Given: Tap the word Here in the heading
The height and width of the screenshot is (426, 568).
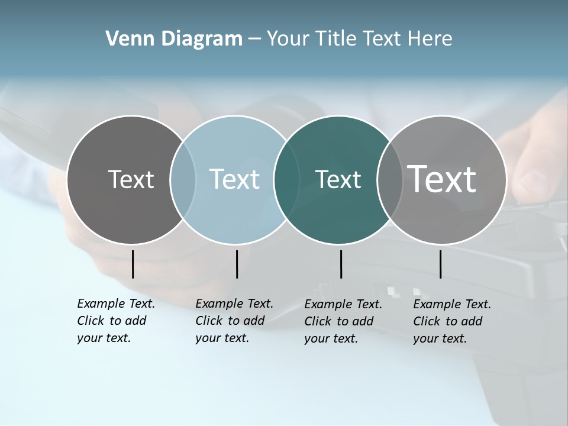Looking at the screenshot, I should click(430, 39).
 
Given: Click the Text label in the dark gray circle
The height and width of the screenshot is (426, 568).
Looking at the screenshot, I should click(131, 179).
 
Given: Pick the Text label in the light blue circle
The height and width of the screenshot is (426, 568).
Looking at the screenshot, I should click(234, 179).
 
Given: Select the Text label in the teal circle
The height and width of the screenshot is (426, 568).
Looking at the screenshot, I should click(338, 179).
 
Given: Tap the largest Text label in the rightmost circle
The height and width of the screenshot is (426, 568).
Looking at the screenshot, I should click(442, 179).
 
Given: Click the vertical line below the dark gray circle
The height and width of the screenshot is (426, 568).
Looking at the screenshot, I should click(133, 264).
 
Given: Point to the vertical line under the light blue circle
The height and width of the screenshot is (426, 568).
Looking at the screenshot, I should click(237, 264).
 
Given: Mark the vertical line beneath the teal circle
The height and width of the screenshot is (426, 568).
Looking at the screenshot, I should click(341, 264).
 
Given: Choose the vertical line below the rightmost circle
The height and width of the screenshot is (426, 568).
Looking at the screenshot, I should click(440, 264).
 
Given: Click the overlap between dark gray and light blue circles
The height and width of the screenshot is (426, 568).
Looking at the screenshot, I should click(183, 180).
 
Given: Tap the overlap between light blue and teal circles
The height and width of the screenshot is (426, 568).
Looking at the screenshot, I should click(286, 180).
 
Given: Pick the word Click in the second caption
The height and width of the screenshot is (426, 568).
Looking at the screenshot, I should click(209, 321).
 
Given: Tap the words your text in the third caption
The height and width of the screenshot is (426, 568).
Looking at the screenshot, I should click(331, 338).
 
